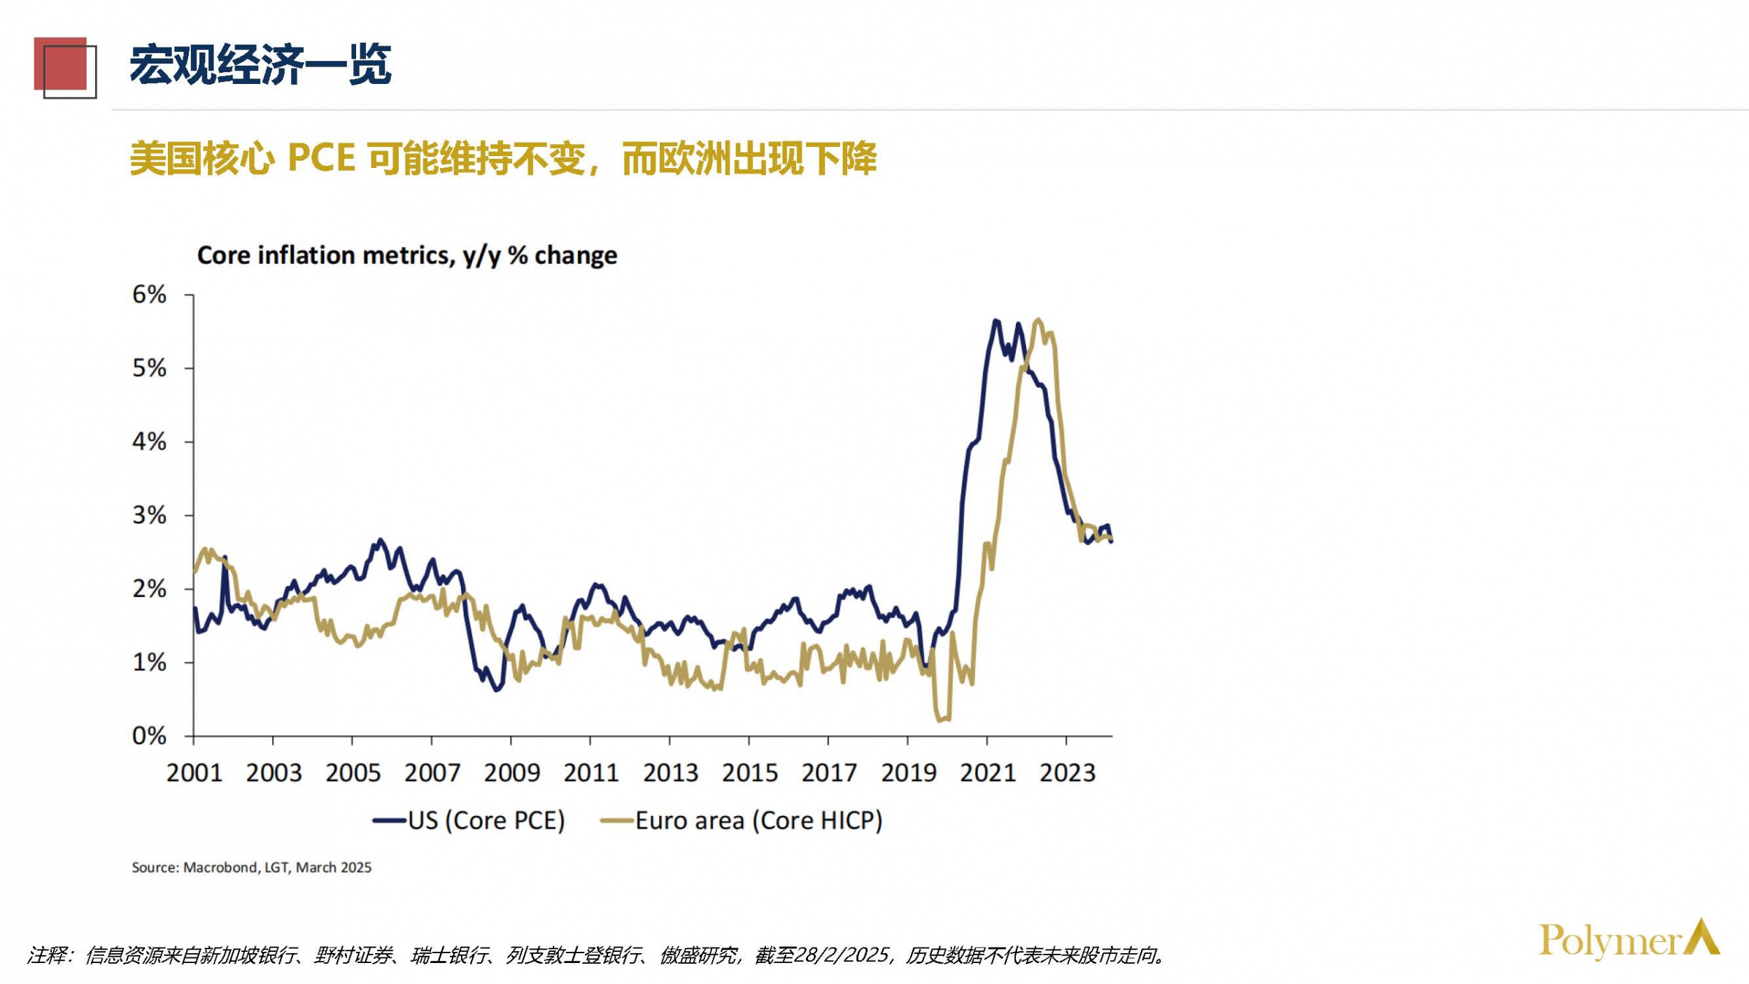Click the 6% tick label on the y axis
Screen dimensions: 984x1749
149,295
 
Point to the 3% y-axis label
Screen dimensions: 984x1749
149,516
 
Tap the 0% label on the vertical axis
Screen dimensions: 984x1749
149,736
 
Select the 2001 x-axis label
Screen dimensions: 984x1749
194,773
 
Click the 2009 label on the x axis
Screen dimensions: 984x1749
511,773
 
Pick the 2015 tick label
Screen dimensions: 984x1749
749,773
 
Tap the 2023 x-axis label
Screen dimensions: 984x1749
1067,773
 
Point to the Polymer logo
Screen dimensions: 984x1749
1629,940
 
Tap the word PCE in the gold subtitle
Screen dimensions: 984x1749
321,158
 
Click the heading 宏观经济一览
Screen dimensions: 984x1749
260,65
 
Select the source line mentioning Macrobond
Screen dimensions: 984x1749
251,868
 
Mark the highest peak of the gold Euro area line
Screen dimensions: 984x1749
1038,321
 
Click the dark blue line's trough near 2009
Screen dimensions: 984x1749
497,690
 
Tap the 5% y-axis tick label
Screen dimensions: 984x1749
149,368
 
